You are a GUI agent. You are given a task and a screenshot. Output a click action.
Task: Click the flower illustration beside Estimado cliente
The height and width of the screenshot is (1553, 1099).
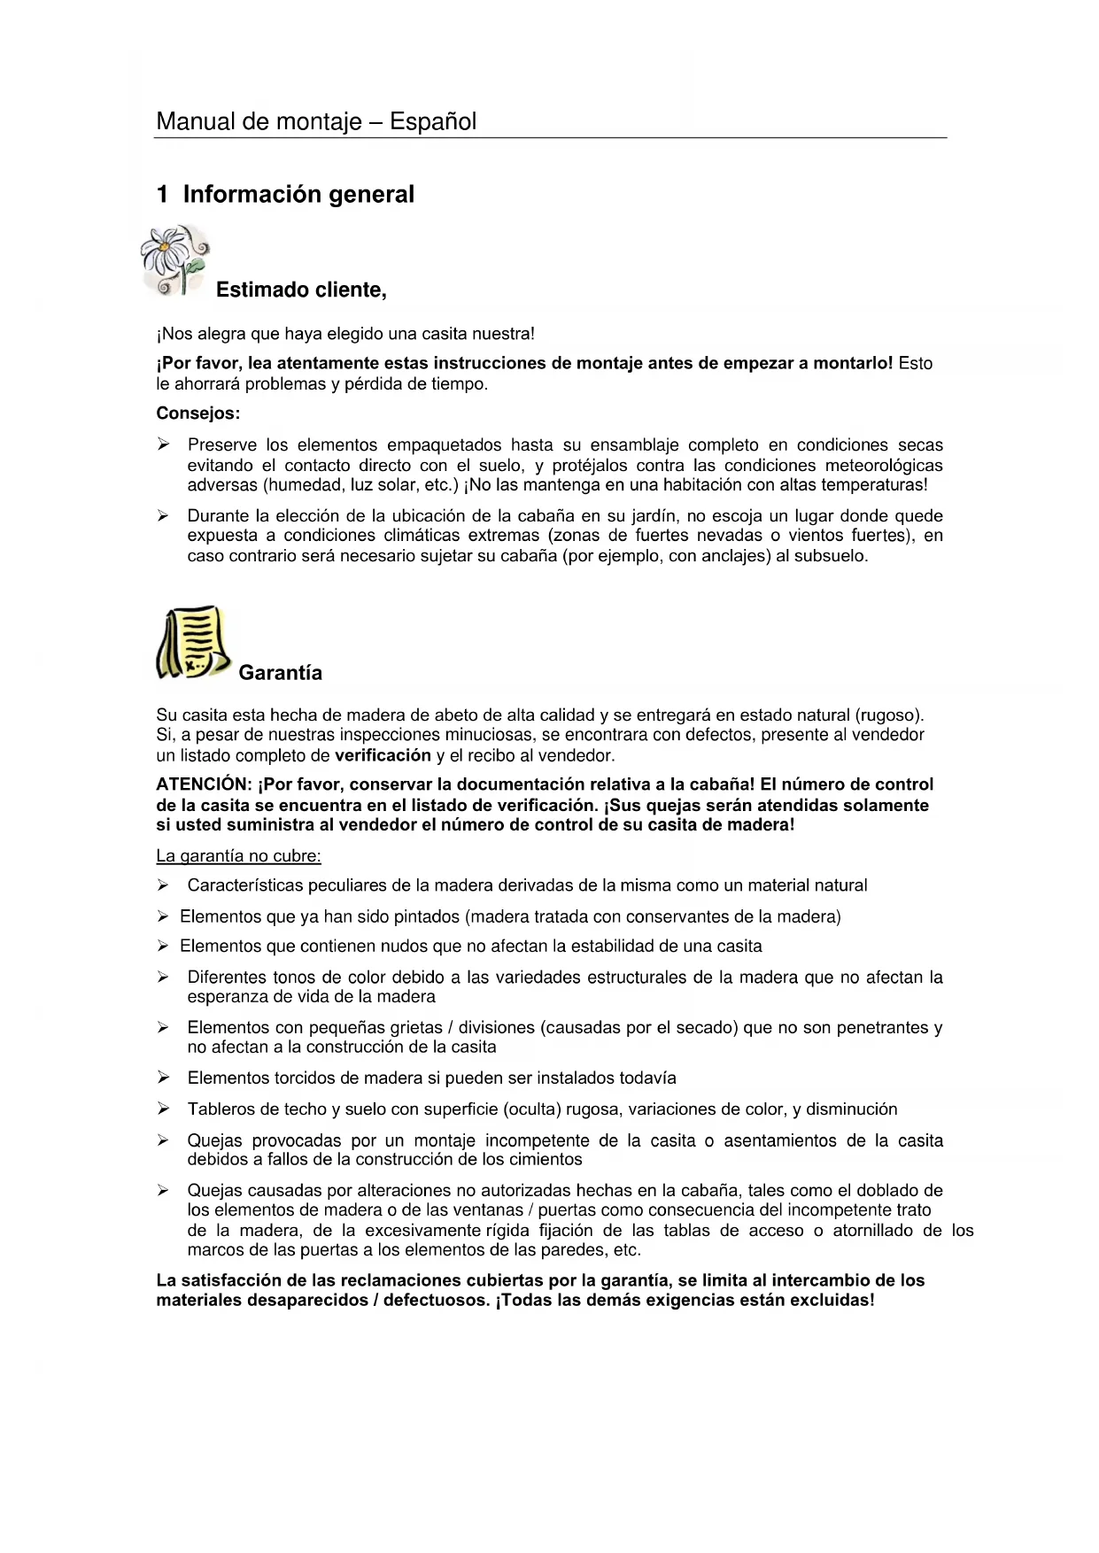[x=175, y=259]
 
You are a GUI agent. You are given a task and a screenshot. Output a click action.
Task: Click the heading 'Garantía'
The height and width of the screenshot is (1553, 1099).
[x=280, y=673]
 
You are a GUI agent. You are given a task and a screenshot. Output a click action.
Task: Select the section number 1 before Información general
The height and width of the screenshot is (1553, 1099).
[x=162, y=195]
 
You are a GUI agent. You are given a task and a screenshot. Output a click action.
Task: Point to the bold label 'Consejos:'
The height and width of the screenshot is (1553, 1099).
[x=198, y=413]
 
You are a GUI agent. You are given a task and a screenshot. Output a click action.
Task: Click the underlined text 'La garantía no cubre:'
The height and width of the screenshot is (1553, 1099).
[x=238, y=856]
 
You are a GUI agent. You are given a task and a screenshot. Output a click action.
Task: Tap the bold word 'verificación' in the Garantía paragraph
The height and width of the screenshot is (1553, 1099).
[x=383, y=755]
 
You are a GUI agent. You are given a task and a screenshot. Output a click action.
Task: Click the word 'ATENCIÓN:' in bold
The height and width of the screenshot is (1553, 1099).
[x=204, y=784]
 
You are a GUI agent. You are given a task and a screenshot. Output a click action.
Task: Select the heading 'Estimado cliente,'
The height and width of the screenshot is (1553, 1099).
[x=301, y=290]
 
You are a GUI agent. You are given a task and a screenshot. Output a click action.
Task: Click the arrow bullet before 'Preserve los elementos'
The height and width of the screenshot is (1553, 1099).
[x=163, y=444]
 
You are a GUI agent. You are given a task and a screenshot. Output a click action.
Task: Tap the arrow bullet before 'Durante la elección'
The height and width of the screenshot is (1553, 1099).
[x=163, y=515]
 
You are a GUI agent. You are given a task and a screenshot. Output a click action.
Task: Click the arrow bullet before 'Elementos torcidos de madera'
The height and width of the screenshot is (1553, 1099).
[x=163, y=1078]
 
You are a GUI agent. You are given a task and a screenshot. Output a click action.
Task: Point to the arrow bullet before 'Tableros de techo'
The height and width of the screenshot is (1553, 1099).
[x=163, y=1109]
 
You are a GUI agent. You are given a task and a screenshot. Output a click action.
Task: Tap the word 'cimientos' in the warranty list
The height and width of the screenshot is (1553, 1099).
[x=548, y=1159]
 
